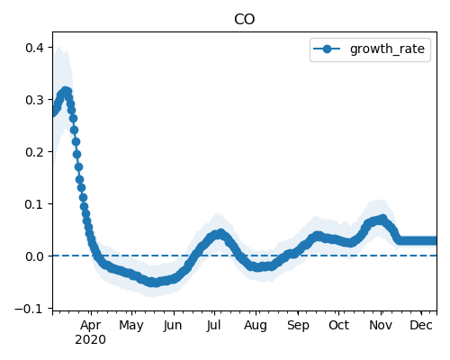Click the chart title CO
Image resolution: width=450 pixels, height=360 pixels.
244,20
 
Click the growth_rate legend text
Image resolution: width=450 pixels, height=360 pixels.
387,49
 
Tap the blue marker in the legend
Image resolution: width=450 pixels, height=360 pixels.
327,49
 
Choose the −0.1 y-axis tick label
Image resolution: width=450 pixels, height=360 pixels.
33,309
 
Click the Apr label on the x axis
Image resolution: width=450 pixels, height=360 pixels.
91,326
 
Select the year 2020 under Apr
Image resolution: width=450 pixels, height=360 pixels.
90,340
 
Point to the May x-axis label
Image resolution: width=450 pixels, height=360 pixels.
131,326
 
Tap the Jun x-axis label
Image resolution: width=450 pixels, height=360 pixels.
173,326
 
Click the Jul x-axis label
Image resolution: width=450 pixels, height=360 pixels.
213,326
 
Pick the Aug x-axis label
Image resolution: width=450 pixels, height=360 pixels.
256,326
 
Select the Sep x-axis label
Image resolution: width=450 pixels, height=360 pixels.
298,326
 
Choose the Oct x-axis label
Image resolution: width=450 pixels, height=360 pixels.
338,326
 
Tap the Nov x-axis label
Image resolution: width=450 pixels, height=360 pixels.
381,326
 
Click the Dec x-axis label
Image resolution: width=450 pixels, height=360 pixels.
421,326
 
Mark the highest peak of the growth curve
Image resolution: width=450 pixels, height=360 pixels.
66,91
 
